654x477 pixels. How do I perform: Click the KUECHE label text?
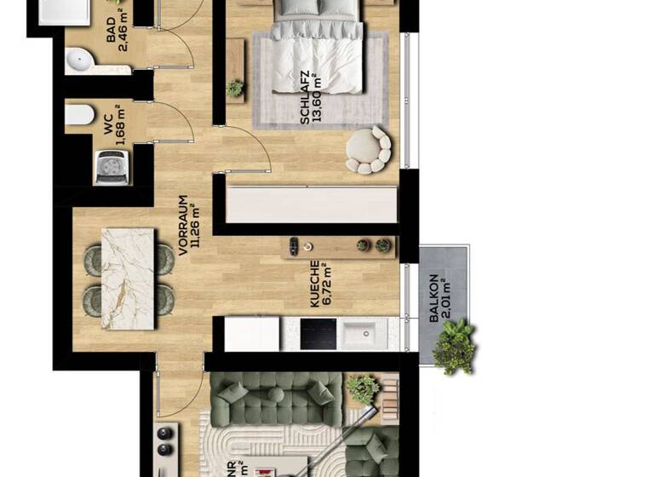(x=314, y=284)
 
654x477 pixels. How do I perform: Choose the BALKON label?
(x=434, y=297)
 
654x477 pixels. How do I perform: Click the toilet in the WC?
(x=79, y=115)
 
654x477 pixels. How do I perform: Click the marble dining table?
(x=128, y=279)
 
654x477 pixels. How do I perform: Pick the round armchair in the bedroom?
(x=368, y=150)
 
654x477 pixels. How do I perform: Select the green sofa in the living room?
(x=276, y=399)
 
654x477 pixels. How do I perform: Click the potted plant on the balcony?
(x=453, y=346)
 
